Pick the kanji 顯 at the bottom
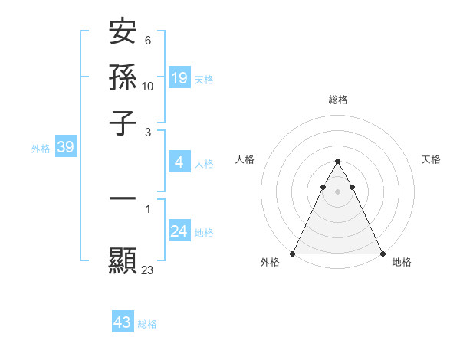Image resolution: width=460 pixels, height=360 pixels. [123, 260]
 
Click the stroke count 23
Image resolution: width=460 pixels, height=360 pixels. [148, 270]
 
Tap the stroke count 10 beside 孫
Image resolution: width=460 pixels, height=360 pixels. [148, 85]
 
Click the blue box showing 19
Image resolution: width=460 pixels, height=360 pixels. [179, 77]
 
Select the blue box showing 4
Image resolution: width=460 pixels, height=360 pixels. [179, 162]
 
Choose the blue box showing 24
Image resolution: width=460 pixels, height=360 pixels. [179, 231]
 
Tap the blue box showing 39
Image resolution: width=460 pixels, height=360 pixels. [65, 147]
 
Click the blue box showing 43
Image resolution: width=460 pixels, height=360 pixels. [123, 322]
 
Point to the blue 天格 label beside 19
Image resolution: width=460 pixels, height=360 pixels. [204, 79]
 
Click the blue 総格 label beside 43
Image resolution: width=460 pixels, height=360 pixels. [147, 324]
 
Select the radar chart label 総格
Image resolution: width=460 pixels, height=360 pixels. [337, 100]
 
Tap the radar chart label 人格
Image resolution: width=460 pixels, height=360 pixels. [245, 159]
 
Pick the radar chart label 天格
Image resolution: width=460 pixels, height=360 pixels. [431, 159]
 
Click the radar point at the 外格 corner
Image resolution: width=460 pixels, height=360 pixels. [293, 254]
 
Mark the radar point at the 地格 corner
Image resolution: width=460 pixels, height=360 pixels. [382, 254]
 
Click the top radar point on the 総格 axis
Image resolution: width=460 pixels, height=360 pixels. [337, 162]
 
